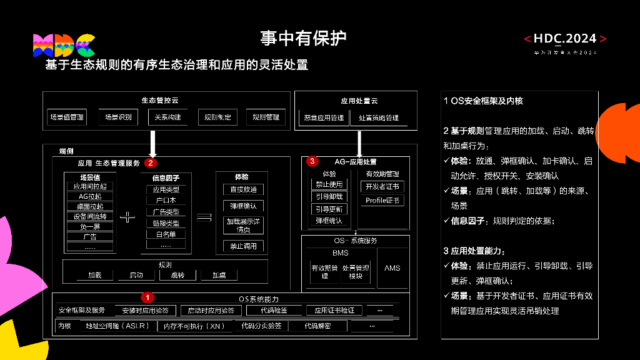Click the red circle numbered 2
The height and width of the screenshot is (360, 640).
(x=150, y=163)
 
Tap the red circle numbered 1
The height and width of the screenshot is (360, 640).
(x=147, y=297)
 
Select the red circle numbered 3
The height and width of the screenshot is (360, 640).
(x=312, y=161)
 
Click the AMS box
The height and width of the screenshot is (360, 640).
(x=392, y=268)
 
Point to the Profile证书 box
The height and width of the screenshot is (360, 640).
(x=382, y=201)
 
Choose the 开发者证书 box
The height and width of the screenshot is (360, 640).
(x=382, y=186)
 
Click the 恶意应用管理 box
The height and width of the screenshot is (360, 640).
(x=324, y=117)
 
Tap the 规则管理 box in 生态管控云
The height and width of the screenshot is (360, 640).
(x=266, y=117)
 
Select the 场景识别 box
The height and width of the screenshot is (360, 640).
(x=117, y=117)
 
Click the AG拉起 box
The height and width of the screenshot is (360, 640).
(x=90, y=196)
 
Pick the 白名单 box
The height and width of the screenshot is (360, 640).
(x=166, y=234)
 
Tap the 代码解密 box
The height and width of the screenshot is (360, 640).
(x=317, y=326)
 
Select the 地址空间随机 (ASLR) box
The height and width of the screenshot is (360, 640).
(x=117, y=326)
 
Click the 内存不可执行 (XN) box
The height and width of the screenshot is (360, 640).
(x=194, y=326)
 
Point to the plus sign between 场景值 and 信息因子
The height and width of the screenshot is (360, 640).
(x=127, y=217)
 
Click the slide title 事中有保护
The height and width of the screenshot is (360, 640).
(x=303, y=38)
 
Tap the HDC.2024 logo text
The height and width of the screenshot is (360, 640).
(x=565, y=39)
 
